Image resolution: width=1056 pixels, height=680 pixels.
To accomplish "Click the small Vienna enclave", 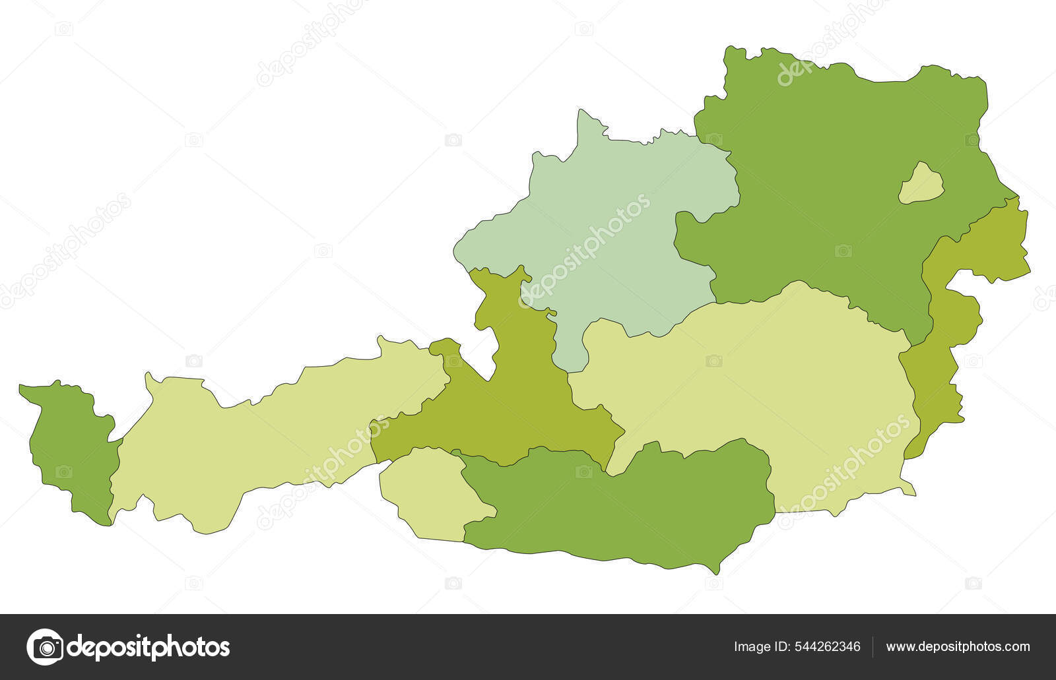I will coord(921,184).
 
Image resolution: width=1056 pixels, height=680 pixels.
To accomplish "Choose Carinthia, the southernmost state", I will coord(620,508).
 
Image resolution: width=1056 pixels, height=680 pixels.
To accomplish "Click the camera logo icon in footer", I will coord(45,647).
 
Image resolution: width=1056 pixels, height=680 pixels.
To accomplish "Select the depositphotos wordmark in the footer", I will coord(149,647).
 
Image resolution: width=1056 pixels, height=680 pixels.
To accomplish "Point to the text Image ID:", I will coord(759,647).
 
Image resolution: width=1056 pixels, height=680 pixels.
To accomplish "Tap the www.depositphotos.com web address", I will coord(958,647).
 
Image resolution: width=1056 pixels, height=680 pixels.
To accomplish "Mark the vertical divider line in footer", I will coord(873,647).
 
